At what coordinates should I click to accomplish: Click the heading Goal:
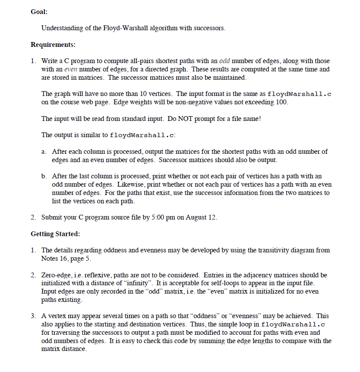click(x=39, y=12)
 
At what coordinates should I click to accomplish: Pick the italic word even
click(x=71, y=69)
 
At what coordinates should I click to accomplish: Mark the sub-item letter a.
click(x=44, y=152)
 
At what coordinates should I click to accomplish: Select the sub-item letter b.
click(x=44, y=176)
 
